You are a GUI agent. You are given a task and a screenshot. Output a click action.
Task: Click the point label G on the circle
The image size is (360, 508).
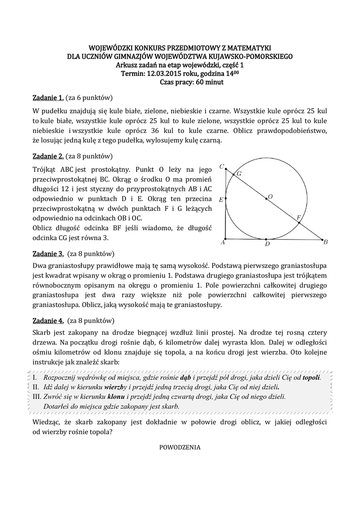[239, 174]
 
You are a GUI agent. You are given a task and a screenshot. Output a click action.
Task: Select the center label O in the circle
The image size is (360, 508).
[270, 196]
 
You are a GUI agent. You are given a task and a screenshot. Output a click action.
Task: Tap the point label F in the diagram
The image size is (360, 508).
[298, 217]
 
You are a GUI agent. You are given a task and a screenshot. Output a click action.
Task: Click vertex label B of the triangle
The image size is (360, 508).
[326, 243]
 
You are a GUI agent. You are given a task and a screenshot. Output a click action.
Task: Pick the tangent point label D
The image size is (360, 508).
[267, 244]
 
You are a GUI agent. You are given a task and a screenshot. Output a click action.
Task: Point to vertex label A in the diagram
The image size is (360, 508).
[222, 243]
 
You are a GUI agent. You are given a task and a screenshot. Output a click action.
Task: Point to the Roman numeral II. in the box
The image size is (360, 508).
[36, 387]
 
